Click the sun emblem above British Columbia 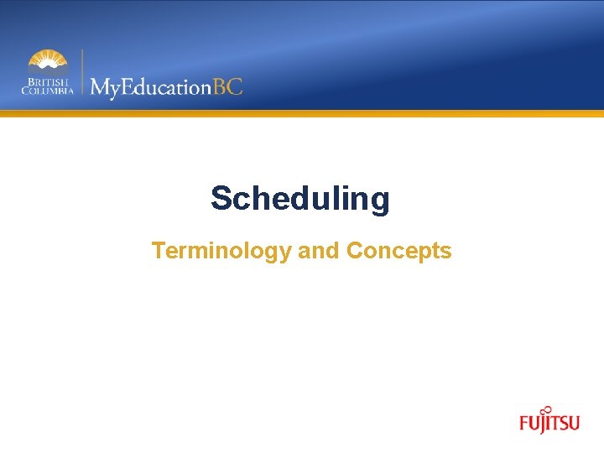tap(48, 61)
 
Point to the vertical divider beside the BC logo tap(81, 73)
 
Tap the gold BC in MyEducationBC tap(227, 86)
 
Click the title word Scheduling tap(300, 200)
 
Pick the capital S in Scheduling tap(221, 199)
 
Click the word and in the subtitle tap(318, 251)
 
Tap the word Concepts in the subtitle tap(398, 251)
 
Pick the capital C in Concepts tap(354, 251)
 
